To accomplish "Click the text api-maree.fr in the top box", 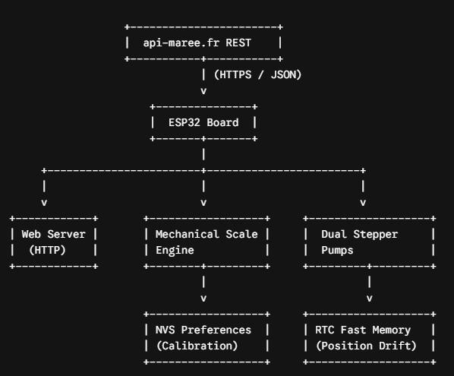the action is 181,43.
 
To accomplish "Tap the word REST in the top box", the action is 238,43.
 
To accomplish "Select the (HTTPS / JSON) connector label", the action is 257,74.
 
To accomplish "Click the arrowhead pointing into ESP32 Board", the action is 203,91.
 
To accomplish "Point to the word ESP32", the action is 184,122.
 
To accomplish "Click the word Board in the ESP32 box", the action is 222,122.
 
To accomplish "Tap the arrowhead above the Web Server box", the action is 44,203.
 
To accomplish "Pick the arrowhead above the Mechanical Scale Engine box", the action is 203,203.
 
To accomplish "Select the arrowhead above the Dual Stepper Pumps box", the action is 363,203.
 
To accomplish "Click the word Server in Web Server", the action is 66,234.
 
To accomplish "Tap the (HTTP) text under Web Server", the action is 48,250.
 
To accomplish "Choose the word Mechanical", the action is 187,234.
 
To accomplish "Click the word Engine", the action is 175,251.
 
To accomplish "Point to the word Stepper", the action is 376,235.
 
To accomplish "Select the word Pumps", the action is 337,250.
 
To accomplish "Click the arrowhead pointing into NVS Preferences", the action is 203,298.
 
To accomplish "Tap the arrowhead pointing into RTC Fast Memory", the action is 369,298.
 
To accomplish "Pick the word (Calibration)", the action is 197,346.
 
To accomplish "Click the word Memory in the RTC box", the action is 392,330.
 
